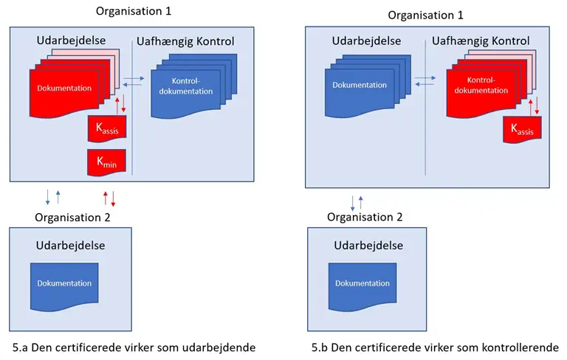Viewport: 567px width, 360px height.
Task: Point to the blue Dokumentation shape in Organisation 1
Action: point(359,86)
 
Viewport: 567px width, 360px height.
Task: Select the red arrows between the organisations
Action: point(109,197)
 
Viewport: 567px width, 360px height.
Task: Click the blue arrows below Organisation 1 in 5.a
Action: point(53,196)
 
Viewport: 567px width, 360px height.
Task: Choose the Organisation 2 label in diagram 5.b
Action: point(365,217)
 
